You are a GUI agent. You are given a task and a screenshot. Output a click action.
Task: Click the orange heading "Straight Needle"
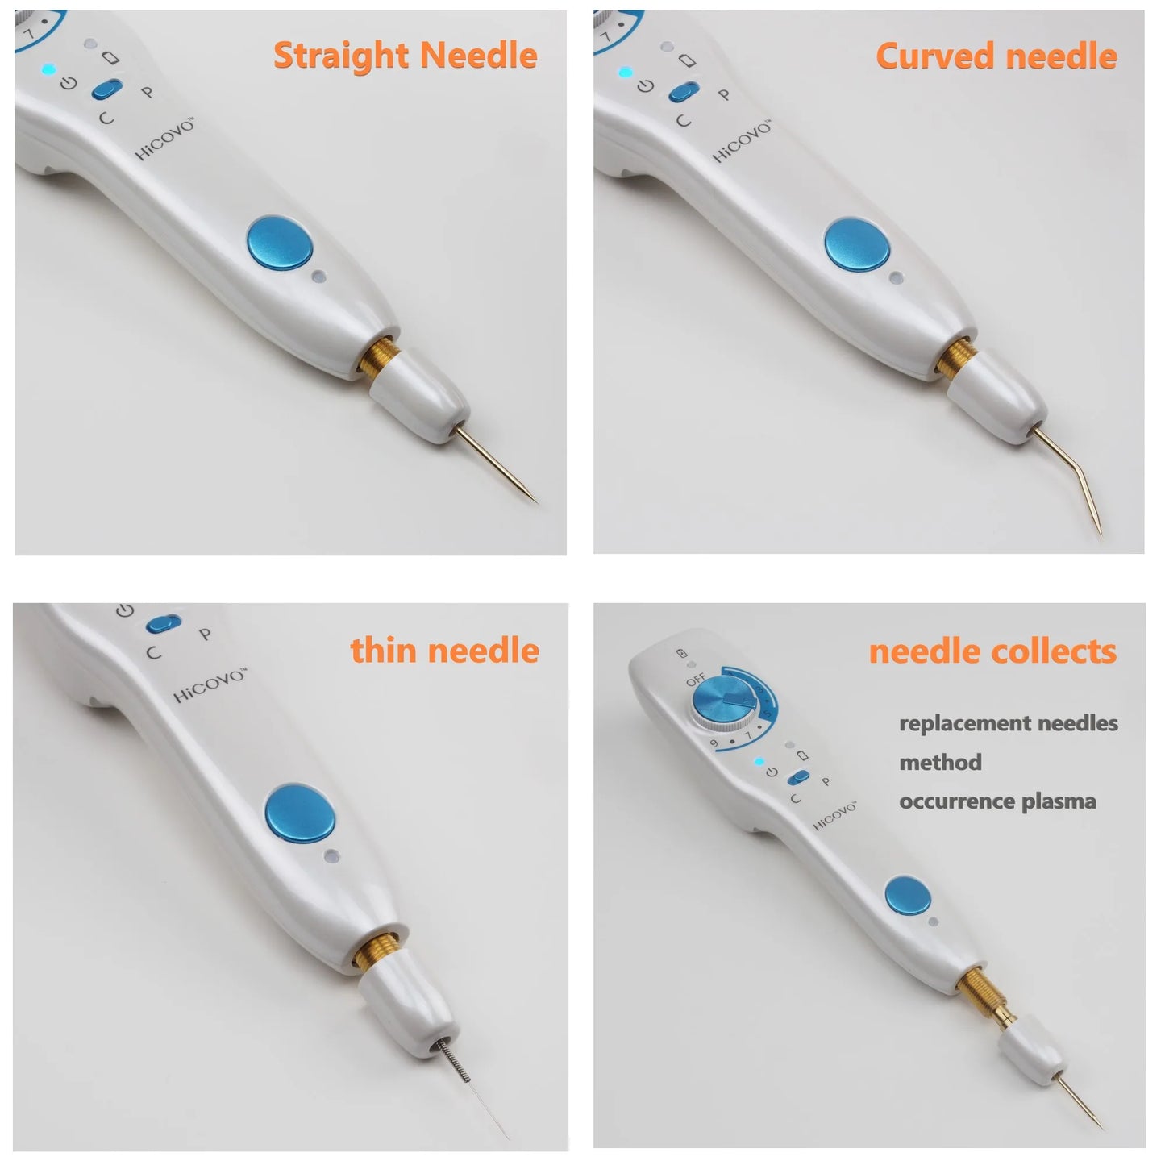[x=405, y=56]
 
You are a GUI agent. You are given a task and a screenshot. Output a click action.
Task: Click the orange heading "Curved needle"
[x=996, y=56]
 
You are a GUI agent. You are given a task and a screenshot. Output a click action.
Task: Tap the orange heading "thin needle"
[x=444, y=650]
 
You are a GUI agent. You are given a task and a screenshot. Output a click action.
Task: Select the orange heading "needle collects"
[x=992, y=651]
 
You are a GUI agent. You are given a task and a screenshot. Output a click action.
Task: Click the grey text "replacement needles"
[x=1008, y=723]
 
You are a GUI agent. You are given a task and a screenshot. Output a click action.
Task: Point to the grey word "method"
[x=940, y=762]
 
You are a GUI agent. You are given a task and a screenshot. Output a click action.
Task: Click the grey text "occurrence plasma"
[x=997, y=801]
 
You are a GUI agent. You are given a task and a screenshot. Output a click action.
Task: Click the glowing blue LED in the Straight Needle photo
[x=48, y=69]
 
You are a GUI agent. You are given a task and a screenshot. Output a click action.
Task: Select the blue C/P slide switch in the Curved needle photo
[x=684, y=92]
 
